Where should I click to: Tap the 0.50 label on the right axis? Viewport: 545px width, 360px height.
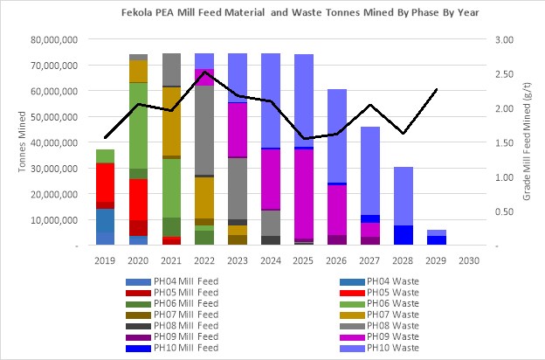pos(501,211)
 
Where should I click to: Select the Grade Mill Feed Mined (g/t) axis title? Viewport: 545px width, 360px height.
pos(528,142)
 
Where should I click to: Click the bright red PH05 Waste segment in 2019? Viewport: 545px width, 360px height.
pos(105,183)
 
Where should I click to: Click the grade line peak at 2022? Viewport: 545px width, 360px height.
pos(204,73)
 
